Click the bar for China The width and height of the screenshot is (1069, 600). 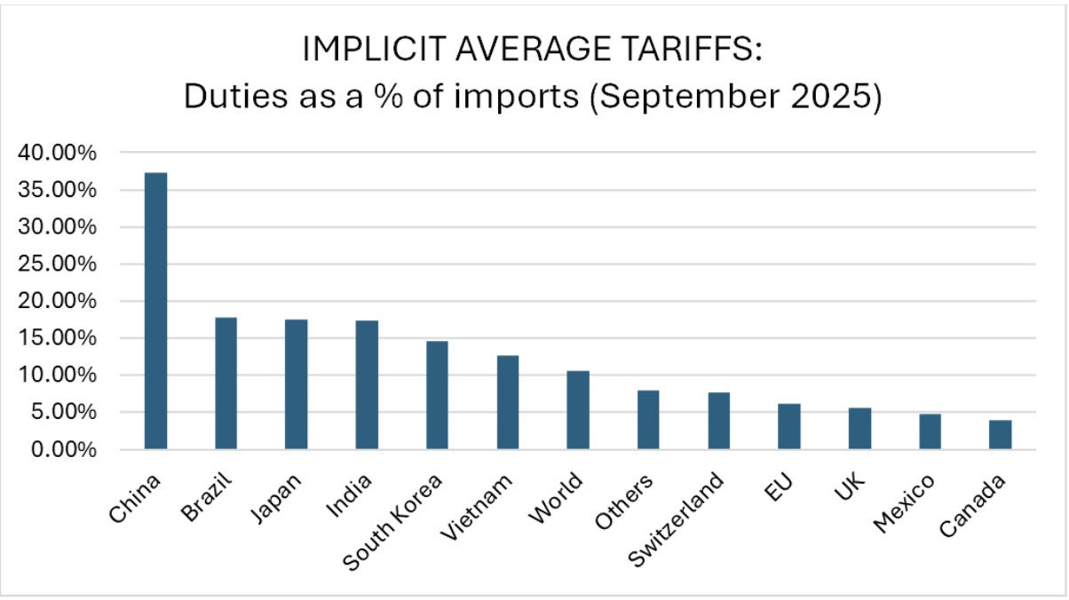coord(155,311)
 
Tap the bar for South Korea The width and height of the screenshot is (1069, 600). coord(437,395)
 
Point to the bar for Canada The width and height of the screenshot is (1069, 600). coord(1001,435)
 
